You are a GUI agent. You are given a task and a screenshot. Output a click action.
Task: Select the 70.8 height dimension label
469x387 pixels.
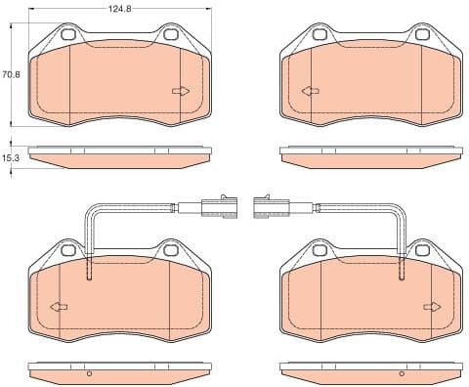coord(11,73)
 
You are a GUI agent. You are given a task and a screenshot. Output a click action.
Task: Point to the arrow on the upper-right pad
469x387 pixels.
coord(311,91)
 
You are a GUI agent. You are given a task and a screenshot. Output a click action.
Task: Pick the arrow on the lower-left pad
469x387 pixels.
coord(60,307)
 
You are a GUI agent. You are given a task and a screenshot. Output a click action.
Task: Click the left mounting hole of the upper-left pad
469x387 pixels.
coord(70,37)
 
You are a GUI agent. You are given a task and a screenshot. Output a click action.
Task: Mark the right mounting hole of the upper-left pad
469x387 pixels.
coord(170,37)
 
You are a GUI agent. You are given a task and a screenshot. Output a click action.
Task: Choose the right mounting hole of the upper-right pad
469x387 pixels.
coord(421,37)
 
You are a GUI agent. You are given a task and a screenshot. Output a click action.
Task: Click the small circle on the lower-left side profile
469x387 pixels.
coord(88,374)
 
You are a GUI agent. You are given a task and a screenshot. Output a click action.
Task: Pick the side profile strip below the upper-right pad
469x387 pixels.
coord(370,154)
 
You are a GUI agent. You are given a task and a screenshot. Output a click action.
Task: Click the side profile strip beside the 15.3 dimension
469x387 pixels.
coord(120,154)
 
